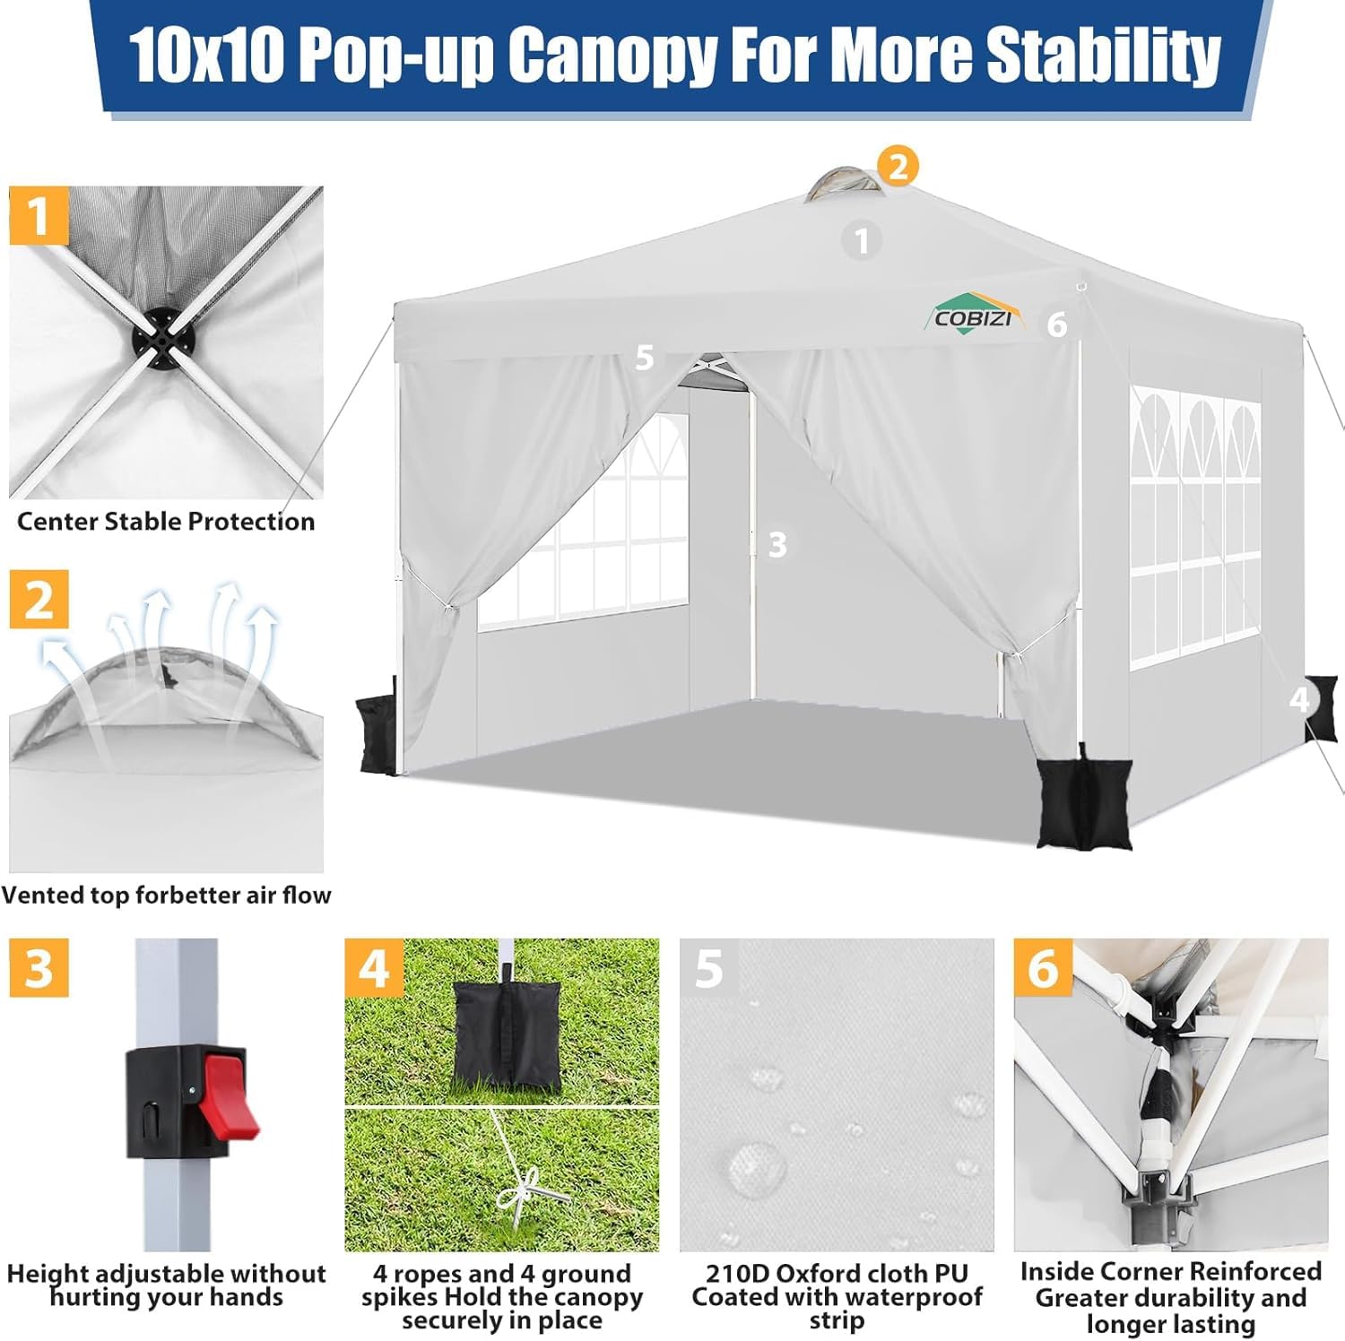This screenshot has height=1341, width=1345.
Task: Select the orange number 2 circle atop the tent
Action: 898,166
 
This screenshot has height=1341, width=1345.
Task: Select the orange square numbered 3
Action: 39,968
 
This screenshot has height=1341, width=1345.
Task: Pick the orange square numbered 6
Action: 1044,968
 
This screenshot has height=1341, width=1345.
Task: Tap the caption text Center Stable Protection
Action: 166,522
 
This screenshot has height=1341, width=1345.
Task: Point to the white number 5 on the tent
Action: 644,358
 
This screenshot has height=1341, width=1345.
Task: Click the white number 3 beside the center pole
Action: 777,544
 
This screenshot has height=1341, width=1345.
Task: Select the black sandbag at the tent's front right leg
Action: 1084,800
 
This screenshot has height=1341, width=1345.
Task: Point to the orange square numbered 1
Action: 39,215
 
